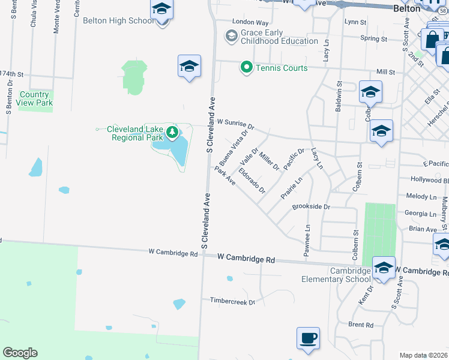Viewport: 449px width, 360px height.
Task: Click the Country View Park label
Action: [34, 98]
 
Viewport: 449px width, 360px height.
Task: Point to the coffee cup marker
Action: [309, 338]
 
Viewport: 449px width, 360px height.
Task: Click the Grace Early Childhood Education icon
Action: [231, 37]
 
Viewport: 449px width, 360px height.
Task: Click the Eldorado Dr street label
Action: [252, 181]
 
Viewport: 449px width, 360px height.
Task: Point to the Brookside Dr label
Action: [311, 206]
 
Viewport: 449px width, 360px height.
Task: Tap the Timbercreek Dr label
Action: [232, 301]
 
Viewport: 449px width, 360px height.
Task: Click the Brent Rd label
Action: [361, 325]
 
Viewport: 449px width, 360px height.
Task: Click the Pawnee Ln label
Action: [307, 238]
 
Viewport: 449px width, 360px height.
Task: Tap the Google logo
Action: [20, 353]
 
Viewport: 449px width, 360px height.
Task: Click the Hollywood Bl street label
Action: [429, 179]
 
